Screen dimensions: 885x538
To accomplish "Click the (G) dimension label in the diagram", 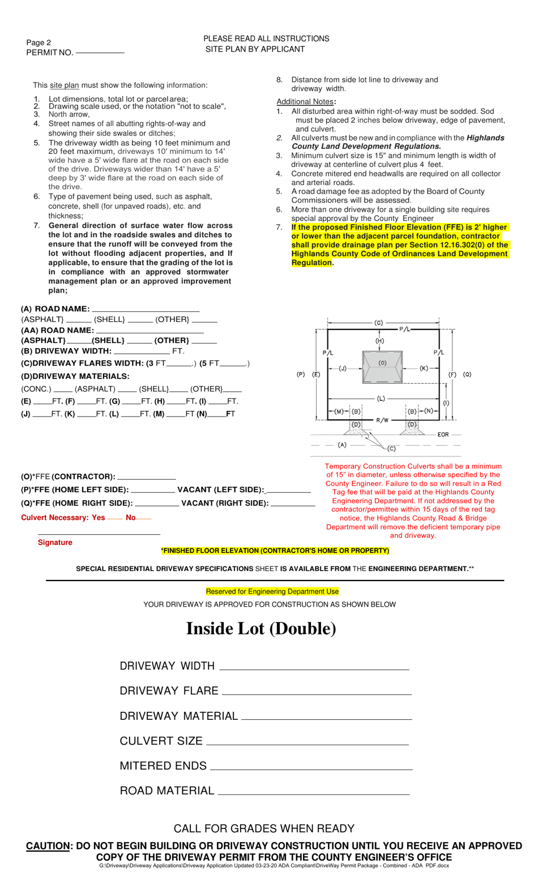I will [379, 323].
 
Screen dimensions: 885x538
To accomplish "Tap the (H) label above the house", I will [379, 341].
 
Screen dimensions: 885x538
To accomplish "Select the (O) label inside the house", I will [382, 363].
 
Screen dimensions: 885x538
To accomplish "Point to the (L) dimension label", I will [381, 398].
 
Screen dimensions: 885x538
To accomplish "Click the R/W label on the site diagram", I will [382, 420].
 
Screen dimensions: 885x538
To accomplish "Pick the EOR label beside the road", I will [443, 435].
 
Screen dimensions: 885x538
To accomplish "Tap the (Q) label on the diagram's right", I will [467, 375].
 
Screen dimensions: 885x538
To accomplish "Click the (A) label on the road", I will [342, 445].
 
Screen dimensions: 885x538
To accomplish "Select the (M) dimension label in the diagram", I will [339, 411].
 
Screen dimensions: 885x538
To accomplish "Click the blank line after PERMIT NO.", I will [100, 53].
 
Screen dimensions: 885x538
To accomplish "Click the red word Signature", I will [55, 543].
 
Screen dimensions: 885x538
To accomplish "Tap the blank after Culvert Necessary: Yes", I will [115, 518].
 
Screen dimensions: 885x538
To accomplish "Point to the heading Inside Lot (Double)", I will [261, 629].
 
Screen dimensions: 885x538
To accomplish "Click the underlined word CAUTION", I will [48, 846].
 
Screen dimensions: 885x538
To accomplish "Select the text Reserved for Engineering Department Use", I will [272, 591].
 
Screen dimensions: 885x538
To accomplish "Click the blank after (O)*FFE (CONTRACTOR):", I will [146, 478].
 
